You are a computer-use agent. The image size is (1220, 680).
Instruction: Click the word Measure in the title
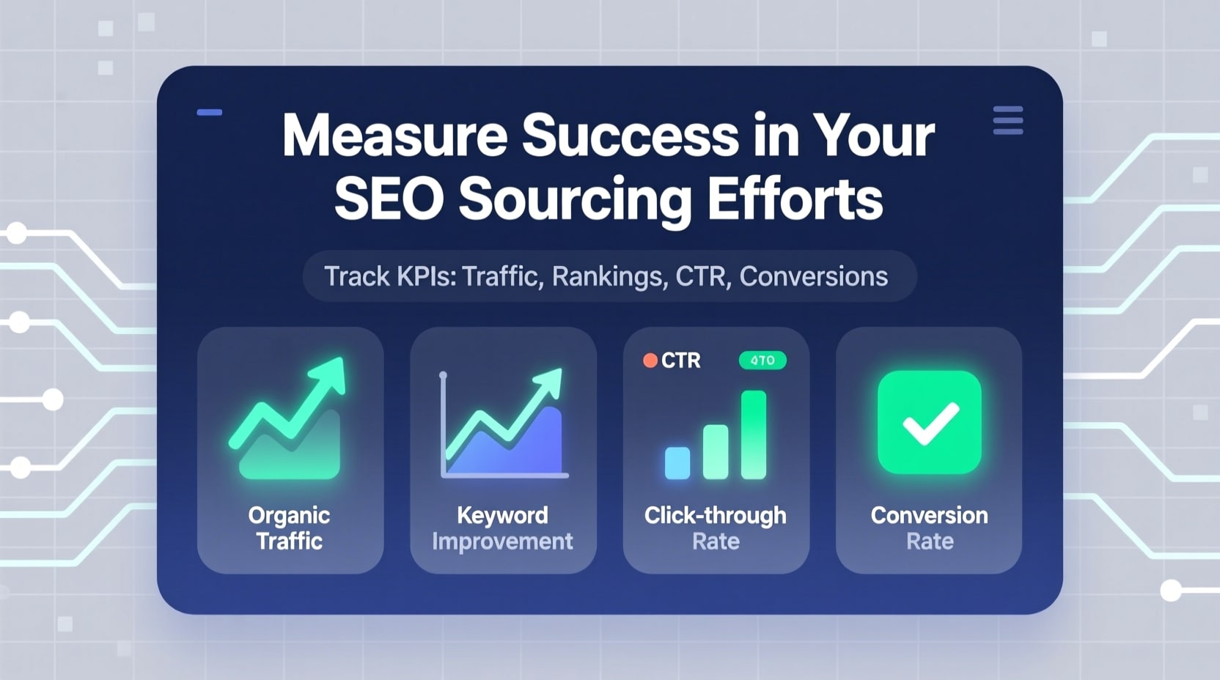coord(394,136)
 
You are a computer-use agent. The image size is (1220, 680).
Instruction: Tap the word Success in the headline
coord(630,136)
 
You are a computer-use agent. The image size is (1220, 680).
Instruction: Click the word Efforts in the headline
coord(795,199)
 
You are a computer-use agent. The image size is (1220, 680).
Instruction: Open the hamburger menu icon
coord(1007,121)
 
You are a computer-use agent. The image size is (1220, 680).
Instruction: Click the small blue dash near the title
coord(210,113)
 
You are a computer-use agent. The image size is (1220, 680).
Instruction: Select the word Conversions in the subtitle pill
coord(813,276)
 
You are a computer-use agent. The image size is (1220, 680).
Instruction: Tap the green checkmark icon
coord(929,422)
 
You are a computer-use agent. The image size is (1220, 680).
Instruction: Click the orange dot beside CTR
coord(650,361)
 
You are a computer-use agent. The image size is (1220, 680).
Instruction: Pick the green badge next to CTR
coord(762,361)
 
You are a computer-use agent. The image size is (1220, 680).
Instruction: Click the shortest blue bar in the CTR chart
coord(677,462)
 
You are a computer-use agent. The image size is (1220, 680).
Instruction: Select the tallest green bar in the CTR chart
coord(754,435)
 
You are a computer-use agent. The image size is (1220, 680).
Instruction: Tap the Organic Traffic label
coord(290,528)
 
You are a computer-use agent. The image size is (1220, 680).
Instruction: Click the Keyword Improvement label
coord(502,528)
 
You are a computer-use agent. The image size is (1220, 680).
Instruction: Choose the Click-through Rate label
coord(716,528)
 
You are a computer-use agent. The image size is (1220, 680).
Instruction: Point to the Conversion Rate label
coord(929,528)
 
